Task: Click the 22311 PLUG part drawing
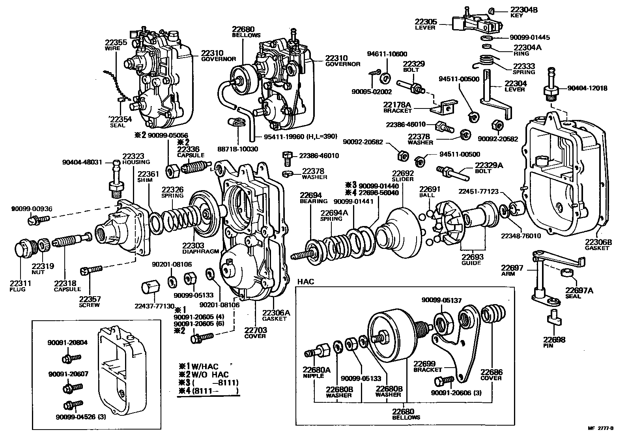pos(23,251)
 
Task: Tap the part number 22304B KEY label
pos(523,12)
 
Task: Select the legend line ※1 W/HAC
pos(199,366)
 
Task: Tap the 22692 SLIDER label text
pos(402,176)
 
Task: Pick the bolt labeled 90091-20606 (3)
pos(444,381)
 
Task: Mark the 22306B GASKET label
pos(598,245)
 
